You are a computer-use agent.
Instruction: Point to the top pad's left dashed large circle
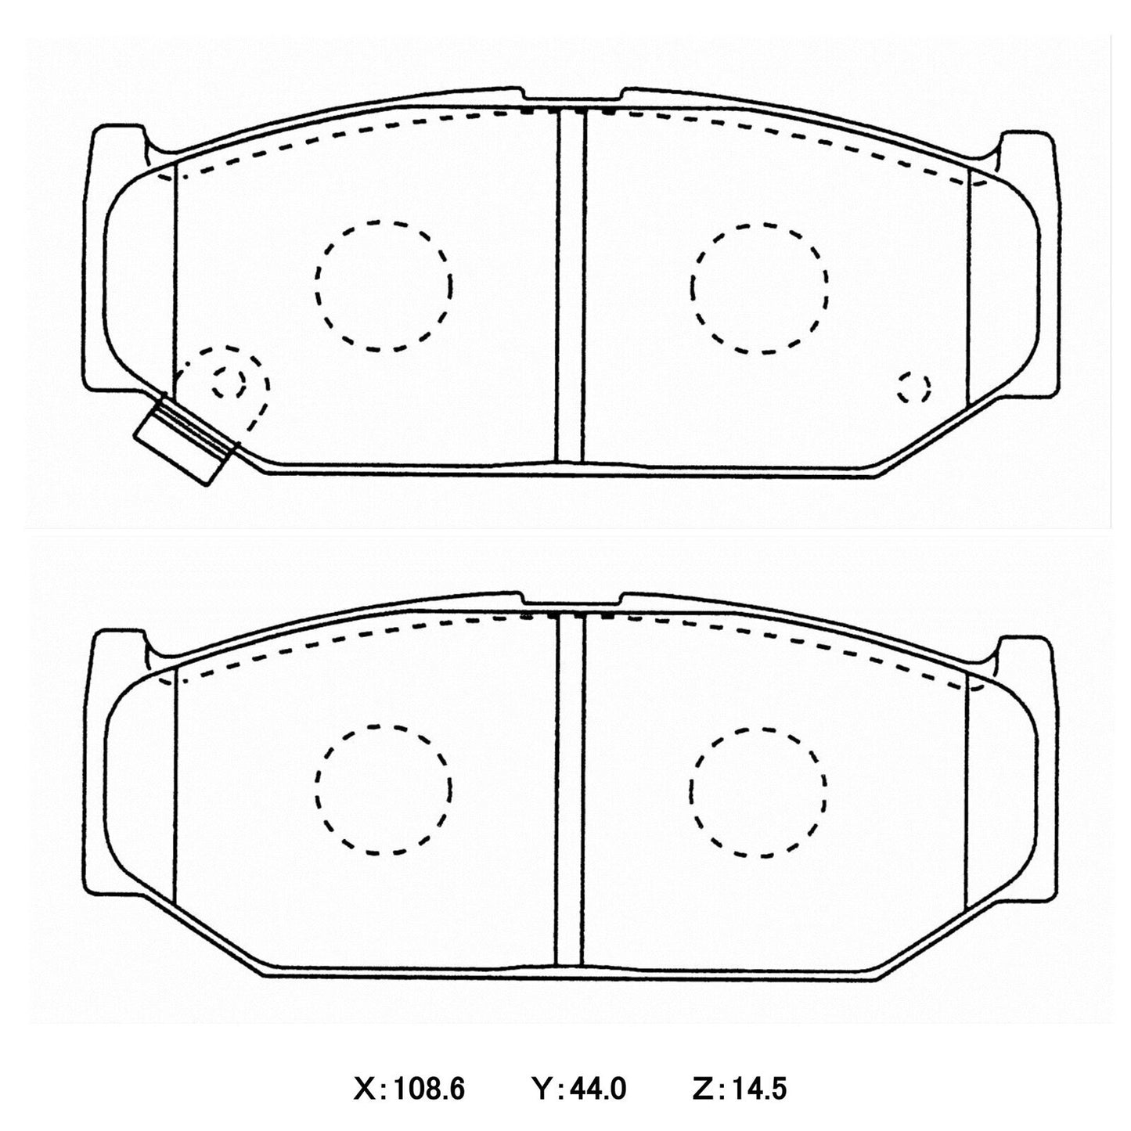coord(384,286)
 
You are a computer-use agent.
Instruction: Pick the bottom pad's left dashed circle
coord(384,789)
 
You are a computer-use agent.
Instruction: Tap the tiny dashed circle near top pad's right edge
coord(913,387)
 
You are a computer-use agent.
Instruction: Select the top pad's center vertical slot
coord(570,286)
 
